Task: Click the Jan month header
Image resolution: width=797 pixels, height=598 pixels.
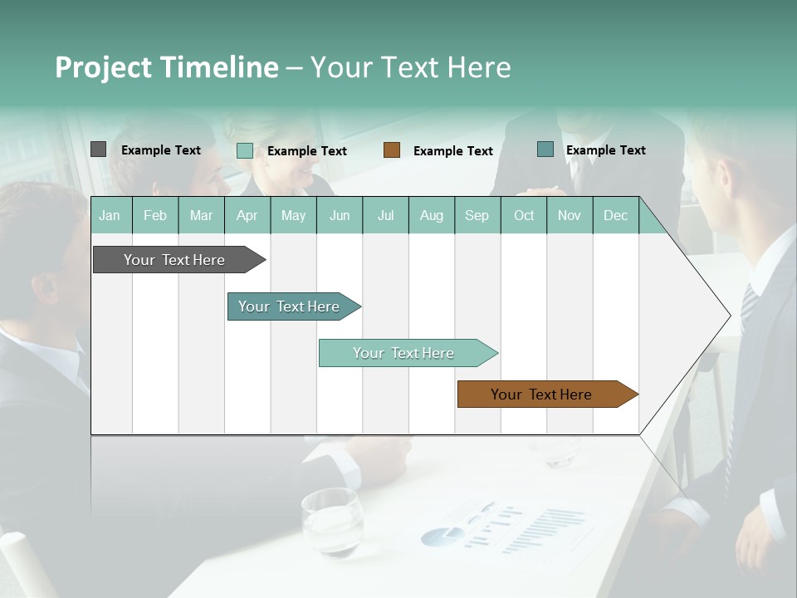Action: click(x=110, y=216)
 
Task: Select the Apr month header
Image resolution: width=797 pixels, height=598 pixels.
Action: click(x=247, y=216)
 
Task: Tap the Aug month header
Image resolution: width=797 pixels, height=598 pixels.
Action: click(x=431, y=216)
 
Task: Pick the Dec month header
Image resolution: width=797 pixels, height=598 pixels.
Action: click(x=615, y=216)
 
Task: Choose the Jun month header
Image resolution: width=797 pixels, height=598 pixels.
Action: click(x=339, y=216)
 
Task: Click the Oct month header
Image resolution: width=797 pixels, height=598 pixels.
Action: click(x=523, y=216)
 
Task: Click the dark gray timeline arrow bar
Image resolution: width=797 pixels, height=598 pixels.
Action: click(x=174, y=260)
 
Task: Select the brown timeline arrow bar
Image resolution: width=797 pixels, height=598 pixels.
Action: click(x=541, y=395)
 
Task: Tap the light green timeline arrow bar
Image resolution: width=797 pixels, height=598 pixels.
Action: click(x=403, y=353)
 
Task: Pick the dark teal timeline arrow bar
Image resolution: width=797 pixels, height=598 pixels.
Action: click(x=289, y=306)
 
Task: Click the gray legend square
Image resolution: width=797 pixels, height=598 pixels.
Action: click(x=98, y=149)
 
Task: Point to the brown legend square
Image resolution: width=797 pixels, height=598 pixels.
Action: click(x=392, y=150)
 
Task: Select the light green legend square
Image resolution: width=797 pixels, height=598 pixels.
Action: click(x=245, y=150)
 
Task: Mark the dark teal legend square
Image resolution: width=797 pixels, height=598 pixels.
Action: click(x=545, y=149)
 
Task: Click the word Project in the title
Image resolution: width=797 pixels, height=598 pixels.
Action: click(x=104, y=67)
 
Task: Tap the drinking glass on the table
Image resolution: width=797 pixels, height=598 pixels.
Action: click(x=331, y=521)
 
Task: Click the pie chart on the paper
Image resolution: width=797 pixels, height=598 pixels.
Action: click(x=442, y=536)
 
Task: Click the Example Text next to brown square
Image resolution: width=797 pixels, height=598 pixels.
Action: click(x=452, y=151)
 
